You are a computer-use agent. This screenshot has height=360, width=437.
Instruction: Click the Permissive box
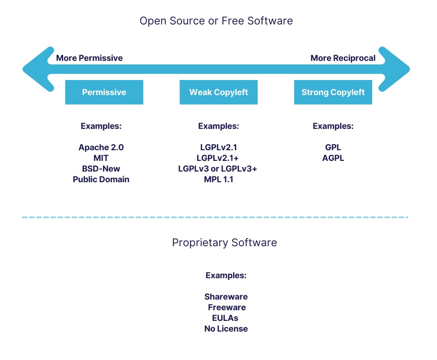coord(104,92)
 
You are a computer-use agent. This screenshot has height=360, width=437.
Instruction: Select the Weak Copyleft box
coord(218,92)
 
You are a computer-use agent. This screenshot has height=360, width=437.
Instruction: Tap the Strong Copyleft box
coord(333,92)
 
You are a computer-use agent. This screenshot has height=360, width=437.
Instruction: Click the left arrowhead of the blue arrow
coord(36,69)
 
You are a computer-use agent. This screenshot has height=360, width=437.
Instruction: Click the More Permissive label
coord(89,58)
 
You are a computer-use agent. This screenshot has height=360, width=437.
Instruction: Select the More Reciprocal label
coord(343,58)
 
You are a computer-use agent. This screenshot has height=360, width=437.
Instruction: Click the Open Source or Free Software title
coord(216,21)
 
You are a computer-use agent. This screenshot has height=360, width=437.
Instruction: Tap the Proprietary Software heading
coord(224,243)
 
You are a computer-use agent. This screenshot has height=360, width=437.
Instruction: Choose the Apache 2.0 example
coord(101,148)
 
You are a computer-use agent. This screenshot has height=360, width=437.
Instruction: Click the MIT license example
coord(101,158)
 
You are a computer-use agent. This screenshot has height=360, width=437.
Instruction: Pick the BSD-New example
coord(101,169)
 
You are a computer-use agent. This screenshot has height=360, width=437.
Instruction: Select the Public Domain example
coord(101,180)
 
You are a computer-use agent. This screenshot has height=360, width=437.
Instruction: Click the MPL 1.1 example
coord(218,180)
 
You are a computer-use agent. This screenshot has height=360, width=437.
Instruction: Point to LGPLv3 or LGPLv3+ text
coord(218,169)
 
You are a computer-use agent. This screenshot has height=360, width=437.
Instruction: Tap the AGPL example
coord(333,158)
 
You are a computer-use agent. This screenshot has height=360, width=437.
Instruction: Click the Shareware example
coord(226,297)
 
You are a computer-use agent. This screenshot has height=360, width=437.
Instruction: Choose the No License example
coord(226,329)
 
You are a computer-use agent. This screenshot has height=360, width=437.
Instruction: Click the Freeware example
coord(226,308)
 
